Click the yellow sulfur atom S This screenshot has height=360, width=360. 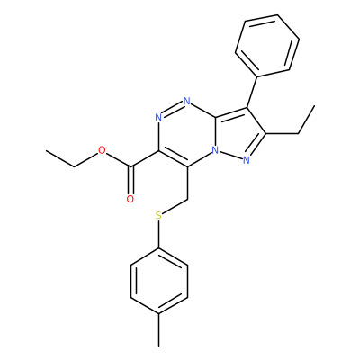click(x=158, y=215)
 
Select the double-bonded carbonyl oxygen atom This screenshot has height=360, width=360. click(x=130, y=199)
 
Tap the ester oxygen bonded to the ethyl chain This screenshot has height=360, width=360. click(x=102, y=150)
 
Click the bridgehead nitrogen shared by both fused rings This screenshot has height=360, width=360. click(x=215, y=150)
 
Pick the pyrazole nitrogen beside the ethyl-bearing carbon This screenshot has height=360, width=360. click(x=247, y=160)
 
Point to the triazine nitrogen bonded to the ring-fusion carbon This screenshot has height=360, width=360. click(x=187, y=101)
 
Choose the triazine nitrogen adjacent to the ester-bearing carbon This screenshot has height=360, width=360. click(x=158, y=117)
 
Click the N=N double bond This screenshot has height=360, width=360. click(x=173, y=109)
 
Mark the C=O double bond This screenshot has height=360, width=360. click(x=130, y=180)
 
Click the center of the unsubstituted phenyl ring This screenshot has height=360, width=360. click(x=267, y=44)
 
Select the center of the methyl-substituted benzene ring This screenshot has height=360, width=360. click(x=159, y=281)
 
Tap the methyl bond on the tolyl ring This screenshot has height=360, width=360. click(x=159, y=330)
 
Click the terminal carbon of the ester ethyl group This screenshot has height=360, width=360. click(x=47, y=151)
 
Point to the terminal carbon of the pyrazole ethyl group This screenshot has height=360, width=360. click(x=314, y=105)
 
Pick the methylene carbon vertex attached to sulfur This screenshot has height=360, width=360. click(x=187, y=199)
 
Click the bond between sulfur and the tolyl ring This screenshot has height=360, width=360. click(x=159, y=234)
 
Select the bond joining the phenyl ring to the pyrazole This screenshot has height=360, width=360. click(x=252, y=91)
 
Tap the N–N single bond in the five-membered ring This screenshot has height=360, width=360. click(x=230, y=156)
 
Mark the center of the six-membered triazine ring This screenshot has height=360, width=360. click(x=187, y=134)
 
